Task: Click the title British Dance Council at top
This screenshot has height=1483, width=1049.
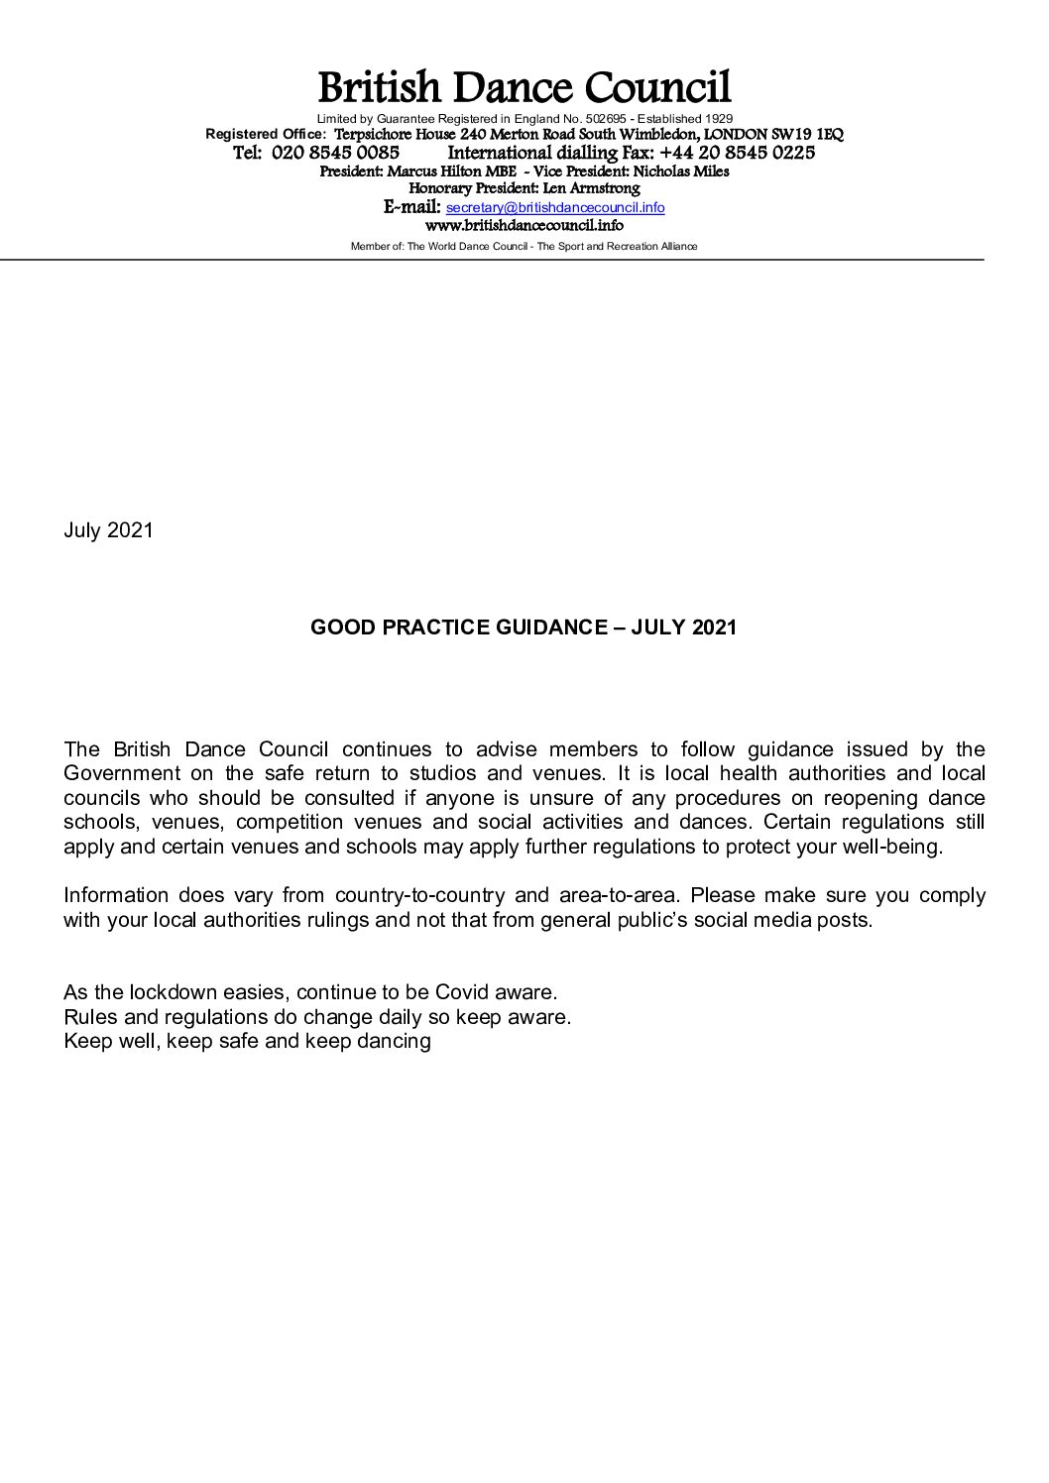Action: [524, 89]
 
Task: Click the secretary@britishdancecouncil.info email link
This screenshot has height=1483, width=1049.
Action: [555, 208]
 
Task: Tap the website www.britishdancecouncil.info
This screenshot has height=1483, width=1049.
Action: [524, 226]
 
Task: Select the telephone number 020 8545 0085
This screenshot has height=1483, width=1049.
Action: [335, 154]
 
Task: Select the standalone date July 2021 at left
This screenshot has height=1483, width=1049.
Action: [108, 530]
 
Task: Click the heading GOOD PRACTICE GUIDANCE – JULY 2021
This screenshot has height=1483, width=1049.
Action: [524, 627]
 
